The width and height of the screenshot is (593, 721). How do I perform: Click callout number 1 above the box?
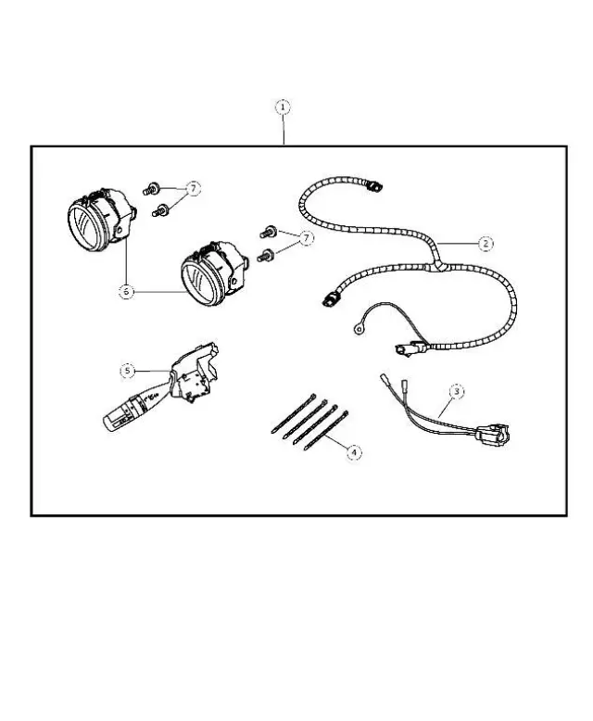[283, 108]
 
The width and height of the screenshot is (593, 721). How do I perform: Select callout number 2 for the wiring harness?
[486, 244]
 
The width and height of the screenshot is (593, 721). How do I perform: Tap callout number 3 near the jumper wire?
[455, 391]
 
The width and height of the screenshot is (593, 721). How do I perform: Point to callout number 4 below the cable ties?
[352, 452]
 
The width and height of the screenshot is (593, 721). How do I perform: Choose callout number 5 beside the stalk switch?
[129, 371]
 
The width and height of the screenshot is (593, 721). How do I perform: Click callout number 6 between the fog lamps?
[127, 291]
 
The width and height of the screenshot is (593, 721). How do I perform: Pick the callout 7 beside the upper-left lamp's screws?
[193, 188]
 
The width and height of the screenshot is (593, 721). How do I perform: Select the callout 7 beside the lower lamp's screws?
[306, 238]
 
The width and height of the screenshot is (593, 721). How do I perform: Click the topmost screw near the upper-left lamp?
[150, 191]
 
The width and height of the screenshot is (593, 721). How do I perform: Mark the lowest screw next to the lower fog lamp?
[266, 255]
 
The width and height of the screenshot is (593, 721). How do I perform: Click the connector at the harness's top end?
[372, 186]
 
